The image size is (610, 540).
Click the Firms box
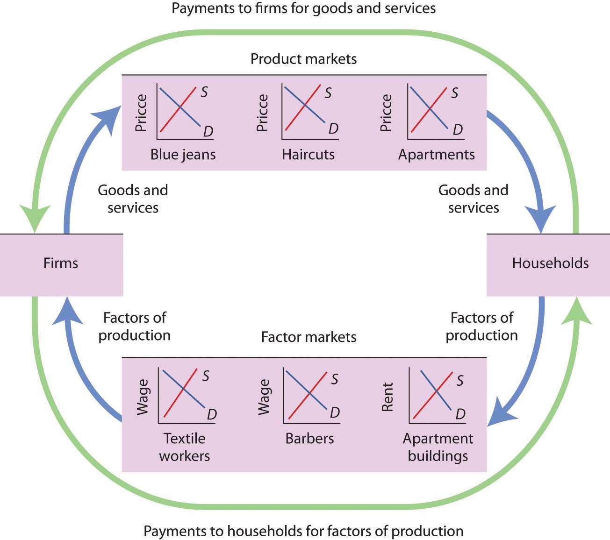click(61, 263)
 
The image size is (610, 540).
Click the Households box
click(550, 263)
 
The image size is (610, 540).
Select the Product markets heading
click(303, 59)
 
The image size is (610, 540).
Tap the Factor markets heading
click(309, 337)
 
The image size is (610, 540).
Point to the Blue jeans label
click(183, 155)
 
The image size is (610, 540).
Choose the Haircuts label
click(308, 155)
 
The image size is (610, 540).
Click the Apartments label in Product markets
click(436, 155)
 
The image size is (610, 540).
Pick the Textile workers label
click(184, 447)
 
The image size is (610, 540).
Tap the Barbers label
click(309, 439)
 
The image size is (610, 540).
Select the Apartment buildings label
click(438, 447)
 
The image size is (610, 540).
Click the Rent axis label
click(388, 397)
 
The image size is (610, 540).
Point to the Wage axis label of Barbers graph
click(264, 397)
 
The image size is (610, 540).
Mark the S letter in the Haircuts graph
click(328, 93)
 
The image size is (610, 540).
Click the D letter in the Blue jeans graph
click(208, 132)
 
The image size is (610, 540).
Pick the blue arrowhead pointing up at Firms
click(67, 311)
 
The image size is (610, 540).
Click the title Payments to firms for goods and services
click(303, 8)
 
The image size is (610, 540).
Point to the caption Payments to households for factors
click(303, 531)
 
